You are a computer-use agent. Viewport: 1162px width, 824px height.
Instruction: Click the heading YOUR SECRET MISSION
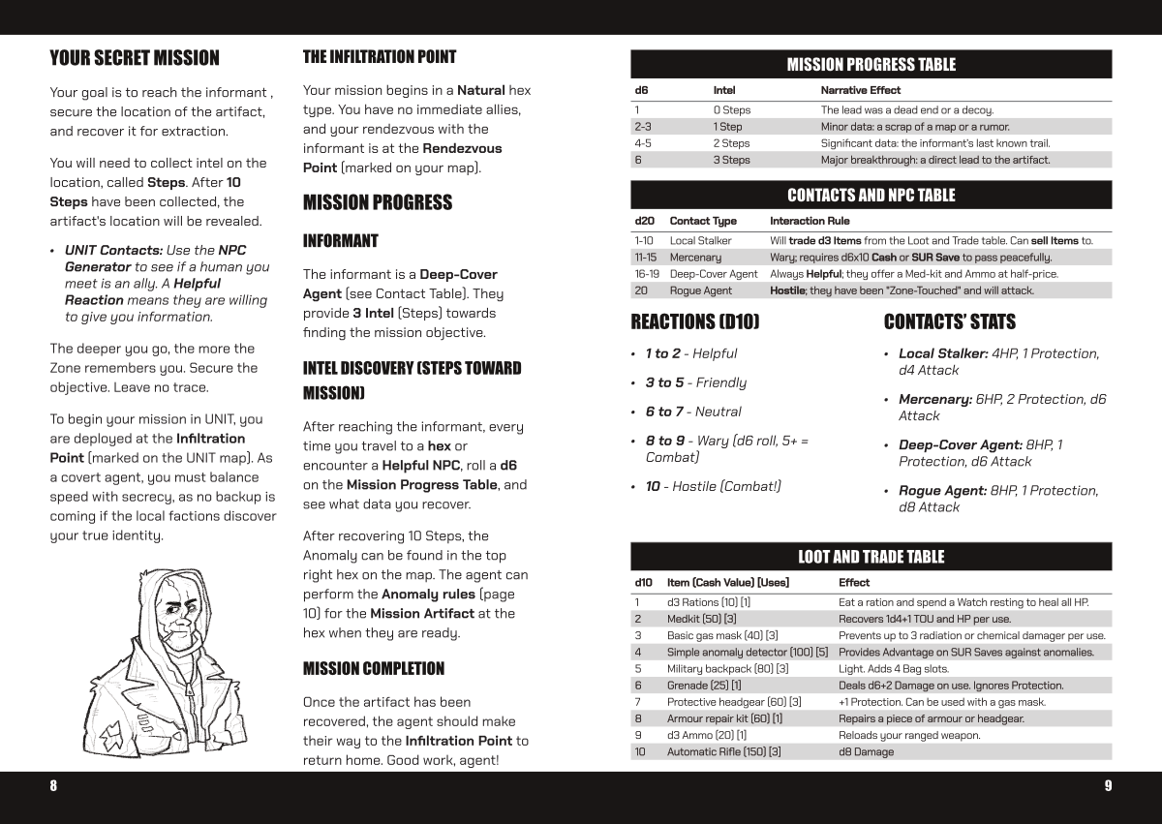135,58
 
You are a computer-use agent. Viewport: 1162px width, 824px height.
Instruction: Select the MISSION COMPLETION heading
374,669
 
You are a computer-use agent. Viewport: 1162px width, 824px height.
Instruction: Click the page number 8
53,785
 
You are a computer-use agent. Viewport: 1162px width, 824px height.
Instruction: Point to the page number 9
1108,785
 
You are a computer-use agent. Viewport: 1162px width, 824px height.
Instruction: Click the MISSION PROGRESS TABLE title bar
871,65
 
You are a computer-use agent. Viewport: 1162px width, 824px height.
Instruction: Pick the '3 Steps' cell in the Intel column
731,160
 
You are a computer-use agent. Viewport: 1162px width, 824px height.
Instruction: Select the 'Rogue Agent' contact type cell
701,290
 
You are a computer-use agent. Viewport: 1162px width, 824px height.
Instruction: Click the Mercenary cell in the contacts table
695,258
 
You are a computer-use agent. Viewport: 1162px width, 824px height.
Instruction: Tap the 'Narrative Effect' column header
861,90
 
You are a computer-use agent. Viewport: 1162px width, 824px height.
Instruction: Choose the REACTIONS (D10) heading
695,321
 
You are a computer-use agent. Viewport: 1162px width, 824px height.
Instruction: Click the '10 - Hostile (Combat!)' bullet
713,486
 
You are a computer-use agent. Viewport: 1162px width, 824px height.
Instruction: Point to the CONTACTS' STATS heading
949,321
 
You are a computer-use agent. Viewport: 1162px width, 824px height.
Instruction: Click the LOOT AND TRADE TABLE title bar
871,557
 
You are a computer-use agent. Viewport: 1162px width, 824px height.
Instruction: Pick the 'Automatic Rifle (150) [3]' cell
724,752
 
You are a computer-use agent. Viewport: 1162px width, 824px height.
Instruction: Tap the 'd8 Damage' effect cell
867,752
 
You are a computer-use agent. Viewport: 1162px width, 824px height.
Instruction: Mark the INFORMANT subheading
341,241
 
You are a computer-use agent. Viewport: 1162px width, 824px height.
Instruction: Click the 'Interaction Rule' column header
810,221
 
